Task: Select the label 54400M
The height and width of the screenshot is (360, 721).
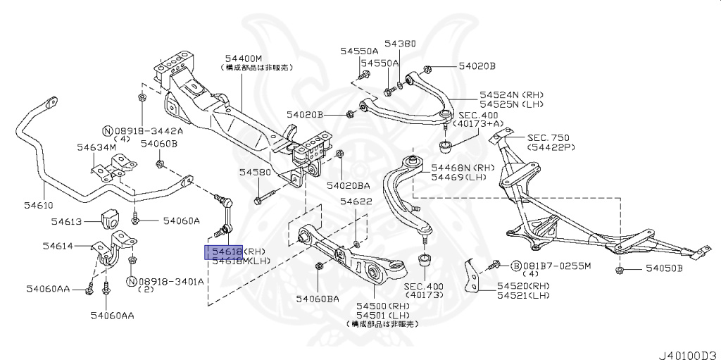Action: coord(244,58)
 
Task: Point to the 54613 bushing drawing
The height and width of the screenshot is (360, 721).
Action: coord(113,218)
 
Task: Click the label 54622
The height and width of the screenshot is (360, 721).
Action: coord(356,201)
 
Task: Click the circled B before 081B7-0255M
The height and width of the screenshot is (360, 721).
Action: coord(515,266)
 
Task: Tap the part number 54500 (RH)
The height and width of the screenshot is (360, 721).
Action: coord(382,306)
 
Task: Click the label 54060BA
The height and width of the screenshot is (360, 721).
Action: coord(318,299)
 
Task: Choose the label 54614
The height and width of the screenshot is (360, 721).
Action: coord(58,247)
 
